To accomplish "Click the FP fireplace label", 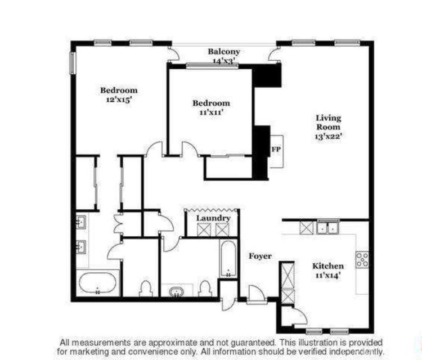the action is [276, 149].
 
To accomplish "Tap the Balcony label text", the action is [224, 51].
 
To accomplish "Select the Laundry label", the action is [213, 218].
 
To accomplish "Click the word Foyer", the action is [260, 256].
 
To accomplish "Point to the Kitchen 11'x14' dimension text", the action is [328, 275].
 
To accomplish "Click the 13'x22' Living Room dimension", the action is [329, 136].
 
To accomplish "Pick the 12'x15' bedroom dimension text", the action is [119, 100].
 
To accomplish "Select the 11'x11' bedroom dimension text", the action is [211, 112].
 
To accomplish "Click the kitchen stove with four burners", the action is [362, 260].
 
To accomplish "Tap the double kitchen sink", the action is [328, 228].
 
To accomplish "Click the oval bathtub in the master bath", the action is [98, 283].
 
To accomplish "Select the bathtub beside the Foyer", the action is [228, 259].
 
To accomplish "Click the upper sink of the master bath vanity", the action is [81, 222].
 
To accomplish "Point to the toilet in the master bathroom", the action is [146, 289].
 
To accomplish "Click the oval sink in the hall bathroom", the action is [177, 292].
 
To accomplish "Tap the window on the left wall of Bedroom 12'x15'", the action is [73, 62].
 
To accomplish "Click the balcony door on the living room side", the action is [273, 55].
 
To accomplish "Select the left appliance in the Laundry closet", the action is [204, 230].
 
